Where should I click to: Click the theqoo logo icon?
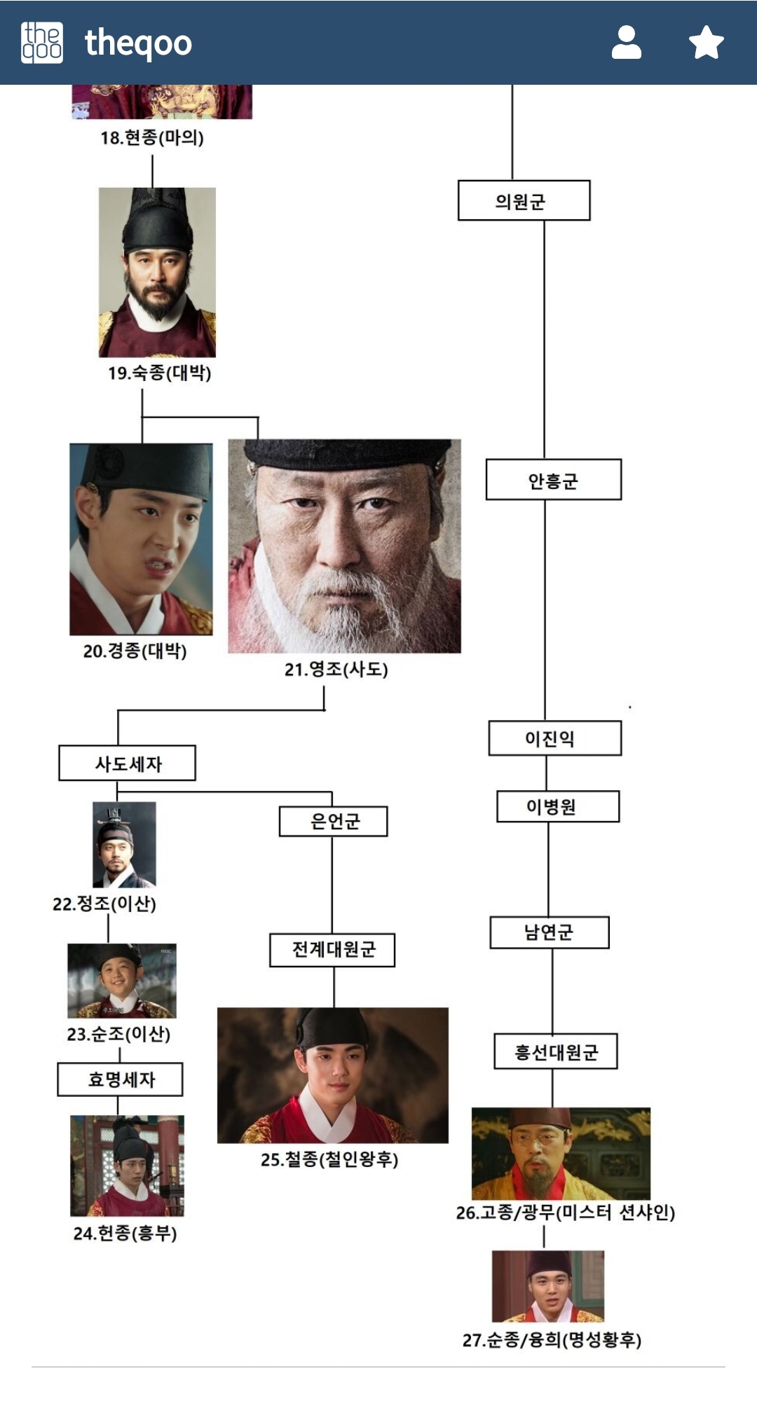click(42, 43)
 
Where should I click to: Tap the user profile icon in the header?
click(626, 43)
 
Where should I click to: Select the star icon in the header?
click(706, 43)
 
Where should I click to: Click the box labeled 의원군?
click(524, 201)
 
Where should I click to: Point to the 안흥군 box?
click(553, 480)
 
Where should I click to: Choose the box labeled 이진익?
click(554, 738)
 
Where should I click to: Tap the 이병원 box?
click(557, 806)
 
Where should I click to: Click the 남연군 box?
click(549, 932)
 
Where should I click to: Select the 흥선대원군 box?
click(555, 1051)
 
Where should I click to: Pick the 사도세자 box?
click(127, 763)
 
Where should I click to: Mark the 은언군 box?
click(333, 822)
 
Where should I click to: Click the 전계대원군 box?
click(332, 950)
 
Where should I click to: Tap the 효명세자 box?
click(120, 1079)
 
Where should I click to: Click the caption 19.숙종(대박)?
click(159, 373)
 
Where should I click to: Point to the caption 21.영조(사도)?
click(336, 669)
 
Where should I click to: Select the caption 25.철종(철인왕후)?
click(329, 1159)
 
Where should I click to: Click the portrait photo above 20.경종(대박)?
click(141, 539)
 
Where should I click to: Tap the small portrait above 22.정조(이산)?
click(124, 845)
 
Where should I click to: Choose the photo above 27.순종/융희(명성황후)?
click(547, 1286)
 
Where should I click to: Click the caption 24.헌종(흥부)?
click(125, 1233)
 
